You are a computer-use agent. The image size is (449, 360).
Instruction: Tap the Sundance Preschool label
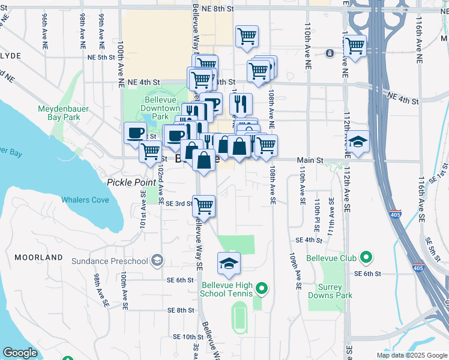[x=109, y=261]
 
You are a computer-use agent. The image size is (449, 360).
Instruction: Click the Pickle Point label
[x=130, y=182]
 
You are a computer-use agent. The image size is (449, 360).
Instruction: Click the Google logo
[x=20, y=353]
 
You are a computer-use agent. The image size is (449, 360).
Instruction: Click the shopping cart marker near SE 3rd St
[x=204, y=206]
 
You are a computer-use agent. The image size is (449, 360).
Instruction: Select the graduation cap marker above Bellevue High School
[x=229, y=263]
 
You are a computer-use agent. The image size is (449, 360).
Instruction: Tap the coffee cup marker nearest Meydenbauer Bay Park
[x=136, y=133]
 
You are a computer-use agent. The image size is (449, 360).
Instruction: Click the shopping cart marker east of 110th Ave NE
[x=354, y=46]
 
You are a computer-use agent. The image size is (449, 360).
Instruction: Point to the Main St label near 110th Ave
[x=311, y=161]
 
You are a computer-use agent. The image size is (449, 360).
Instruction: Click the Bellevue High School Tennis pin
[x=261, y=289]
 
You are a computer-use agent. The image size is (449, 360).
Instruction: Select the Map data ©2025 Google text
[x=411, y=355]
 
